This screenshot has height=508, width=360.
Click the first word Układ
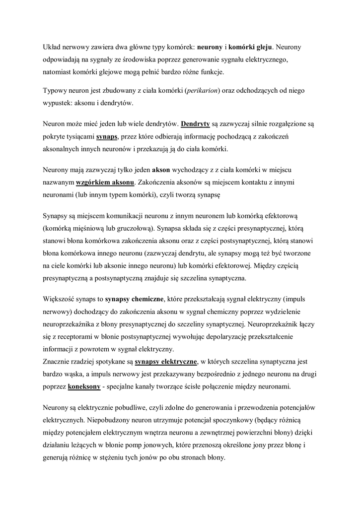pos(52,48)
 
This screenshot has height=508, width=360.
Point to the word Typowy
pos(55,91)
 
